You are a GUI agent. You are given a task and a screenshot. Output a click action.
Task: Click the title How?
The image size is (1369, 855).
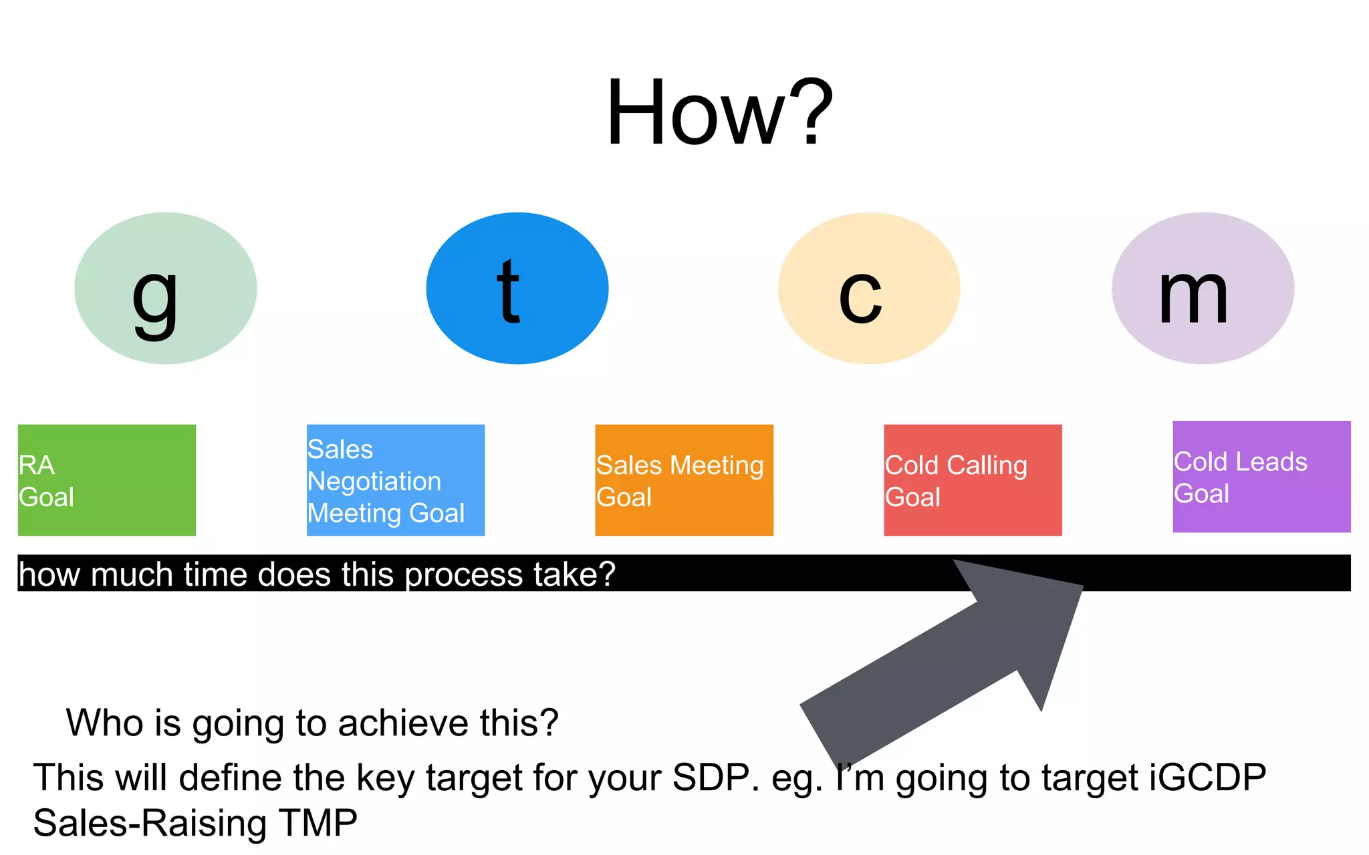719,112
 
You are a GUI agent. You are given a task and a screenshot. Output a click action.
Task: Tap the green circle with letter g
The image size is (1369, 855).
165,289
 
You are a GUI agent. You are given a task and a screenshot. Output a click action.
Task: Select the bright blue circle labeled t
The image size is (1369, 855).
517,289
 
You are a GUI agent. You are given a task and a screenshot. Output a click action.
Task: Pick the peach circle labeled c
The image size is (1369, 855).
869,289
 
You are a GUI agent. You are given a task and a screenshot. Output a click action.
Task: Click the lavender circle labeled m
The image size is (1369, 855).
1203,289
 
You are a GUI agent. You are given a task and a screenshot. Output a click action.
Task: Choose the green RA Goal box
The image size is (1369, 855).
107,480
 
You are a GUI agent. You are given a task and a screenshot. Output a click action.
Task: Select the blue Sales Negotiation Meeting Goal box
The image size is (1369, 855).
396,480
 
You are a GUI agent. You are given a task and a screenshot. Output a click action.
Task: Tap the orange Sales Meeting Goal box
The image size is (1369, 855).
684,480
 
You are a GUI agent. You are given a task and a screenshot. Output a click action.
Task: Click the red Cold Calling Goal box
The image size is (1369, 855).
973,480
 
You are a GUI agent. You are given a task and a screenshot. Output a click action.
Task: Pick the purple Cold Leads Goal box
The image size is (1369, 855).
1261,476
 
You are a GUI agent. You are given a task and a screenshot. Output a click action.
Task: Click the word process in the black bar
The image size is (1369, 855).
463,575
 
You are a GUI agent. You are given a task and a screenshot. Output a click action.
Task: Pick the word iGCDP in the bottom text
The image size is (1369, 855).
1207,778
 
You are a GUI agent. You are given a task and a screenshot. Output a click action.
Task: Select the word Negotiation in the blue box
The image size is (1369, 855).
374,482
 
